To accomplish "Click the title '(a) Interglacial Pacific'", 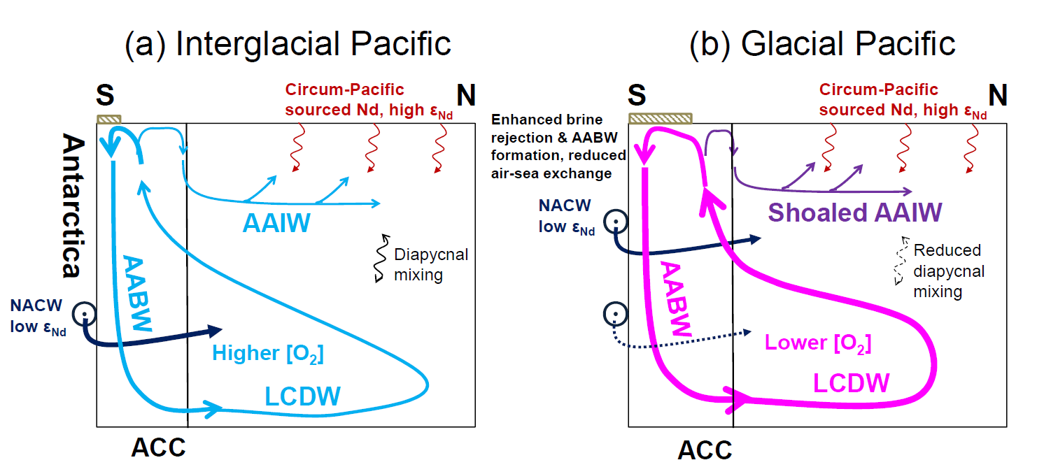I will [x=288, y=43].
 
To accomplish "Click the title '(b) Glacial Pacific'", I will [x=823, y=43].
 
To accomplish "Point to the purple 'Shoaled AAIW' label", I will [x=854, y=212].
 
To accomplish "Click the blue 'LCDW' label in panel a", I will [x=302, y=396].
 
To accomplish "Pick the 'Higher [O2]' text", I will [x=267, y=354].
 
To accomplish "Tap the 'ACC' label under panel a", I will [x=159, y=447].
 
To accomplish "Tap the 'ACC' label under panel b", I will [x=705, y=450].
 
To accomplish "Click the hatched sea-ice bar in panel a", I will [x=109, y=120].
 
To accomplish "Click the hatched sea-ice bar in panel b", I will [x=661, y=118].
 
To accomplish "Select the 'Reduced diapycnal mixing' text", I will [x=947, y=271].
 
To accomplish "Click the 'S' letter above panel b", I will [x=637, y=96].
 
